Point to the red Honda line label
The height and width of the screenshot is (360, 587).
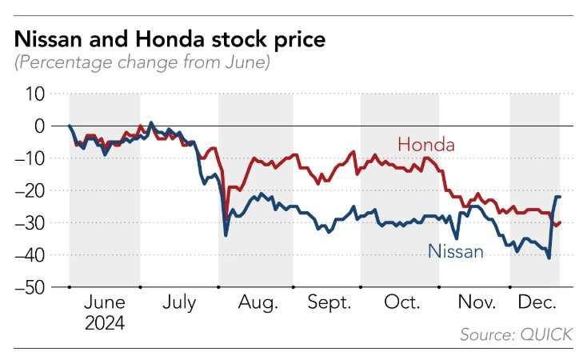(x=425, y=145)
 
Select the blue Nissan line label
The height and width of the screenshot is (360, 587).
(x=456, y=251)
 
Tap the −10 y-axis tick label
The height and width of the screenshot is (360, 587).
(x=32, y=158)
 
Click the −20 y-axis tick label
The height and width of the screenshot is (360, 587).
(x=32, y=190)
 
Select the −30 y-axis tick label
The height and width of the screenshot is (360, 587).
(x=32, y=222)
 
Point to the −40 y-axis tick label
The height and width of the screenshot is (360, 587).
(x=32, y=254)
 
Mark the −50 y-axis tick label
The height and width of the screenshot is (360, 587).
(x=32, y=286)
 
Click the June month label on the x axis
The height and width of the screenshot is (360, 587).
(x=104, y=304)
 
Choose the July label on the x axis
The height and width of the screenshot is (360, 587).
(x=179, y=304)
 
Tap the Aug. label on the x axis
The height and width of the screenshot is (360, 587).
(x=258, y=304)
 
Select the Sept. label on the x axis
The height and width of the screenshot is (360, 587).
(x=330, y=304)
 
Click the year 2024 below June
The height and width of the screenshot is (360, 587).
(x=104, y=324)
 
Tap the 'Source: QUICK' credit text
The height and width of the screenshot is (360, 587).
(x=517, y=334)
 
